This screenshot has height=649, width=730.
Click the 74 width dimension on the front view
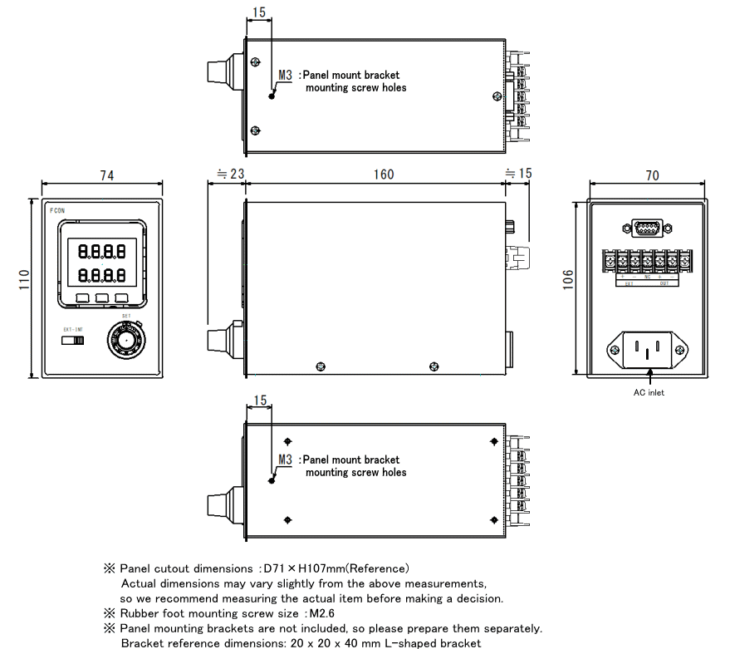[106, 175]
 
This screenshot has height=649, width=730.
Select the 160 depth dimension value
[383, 175]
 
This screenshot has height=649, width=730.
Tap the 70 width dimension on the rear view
[651, 175]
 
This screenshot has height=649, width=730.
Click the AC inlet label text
[648, 392]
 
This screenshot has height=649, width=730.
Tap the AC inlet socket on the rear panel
[649, 350]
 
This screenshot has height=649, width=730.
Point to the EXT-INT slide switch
[73, 339]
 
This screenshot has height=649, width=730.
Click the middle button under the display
[102, 297]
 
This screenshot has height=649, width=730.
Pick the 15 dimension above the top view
[259, 13]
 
